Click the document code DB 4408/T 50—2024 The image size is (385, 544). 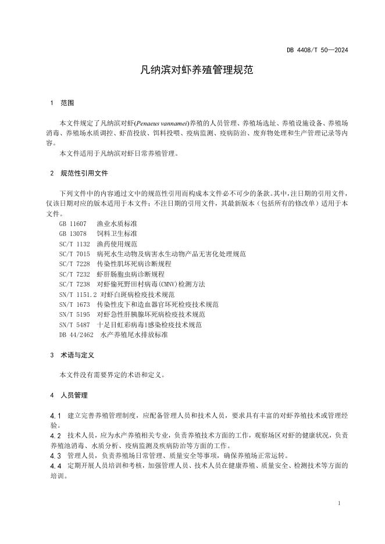[317, 50]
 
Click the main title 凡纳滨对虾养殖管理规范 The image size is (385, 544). [192, 71]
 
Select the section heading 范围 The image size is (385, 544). [67, 103]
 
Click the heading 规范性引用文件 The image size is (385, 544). [84, 173]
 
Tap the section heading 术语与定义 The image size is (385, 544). [77, 355]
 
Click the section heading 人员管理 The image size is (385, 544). [74, 395]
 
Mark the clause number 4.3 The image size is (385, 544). [56, 455]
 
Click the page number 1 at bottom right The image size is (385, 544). [339, 503]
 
